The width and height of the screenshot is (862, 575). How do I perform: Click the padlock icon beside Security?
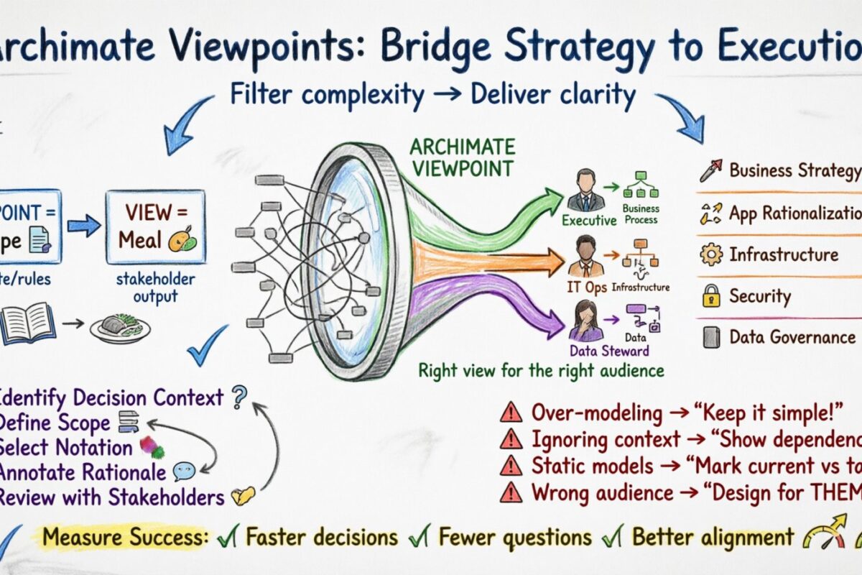(x=711, y=295)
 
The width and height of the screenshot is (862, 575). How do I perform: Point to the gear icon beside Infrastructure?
(x=711, y=254)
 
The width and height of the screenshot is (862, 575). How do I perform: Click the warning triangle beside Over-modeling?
(x=511, y=413)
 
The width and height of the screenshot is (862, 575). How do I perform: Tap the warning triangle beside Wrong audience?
(x=511, y=492)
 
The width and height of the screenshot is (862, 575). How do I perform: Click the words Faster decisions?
(x=321, y=537)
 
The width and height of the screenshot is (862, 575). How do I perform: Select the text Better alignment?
(x=713, y=537)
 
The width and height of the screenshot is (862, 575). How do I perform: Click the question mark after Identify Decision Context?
(x=239, y=395)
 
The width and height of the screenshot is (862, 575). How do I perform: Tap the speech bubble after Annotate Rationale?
(x=184, y=471)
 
